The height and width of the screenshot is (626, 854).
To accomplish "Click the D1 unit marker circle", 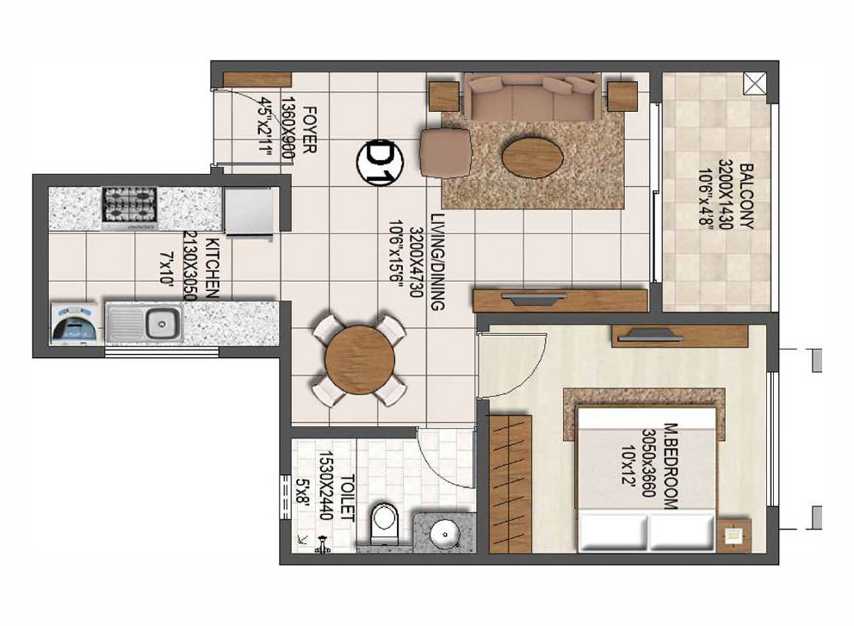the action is (x=381, y=162).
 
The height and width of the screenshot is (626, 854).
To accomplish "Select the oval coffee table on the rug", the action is (x=532, y=158).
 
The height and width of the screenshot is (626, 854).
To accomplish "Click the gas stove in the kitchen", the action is (x=130, y=208).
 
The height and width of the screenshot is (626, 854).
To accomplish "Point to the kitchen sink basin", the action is (x=162, y=324).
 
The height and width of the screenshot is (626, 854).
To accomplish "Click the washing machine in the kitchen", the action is (x=75, y=324).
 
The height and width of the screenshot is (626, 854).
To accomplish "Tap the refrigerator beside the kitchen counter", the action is (x=248, y=211).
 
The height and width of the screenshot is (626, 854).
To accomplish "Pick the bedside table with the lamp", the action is (x=733, y=535).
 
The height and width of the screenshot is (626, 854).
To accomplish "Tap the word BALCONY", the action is (x=746, y=196).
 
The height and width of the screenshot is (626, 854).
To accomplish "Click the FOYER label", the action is (x=309, y=130).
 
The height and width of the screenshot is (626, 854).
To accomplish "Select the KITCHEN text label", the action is (x=213, y=270).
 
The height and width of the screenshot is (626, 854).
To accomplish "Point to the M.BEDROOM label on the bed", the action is (x=671, y=467).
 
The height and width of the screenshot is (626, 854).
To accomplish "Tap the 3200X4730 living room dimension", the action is (x=415, y=262).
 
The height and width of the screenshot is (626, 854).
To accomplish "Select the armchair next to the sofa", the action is (x=445, y=152).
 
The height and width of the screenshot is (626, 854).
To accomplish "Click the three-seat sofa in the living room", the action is (x=533, y=97).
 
